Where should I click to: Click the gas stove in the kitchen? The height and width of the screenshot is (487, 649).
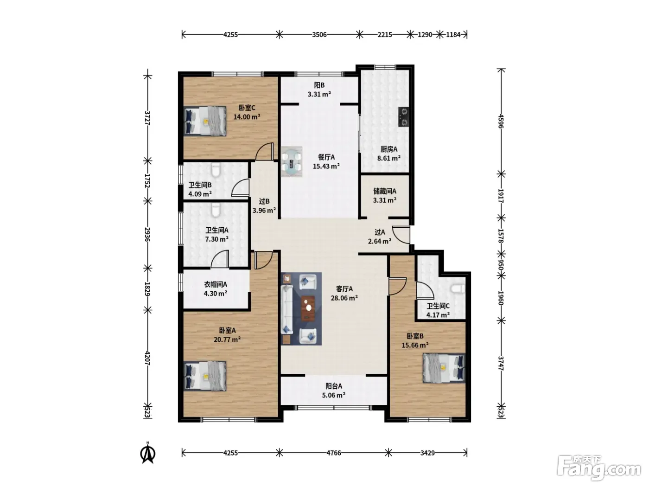click(404, 117)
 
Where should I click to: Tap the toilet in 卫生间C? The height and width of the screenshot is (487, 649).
click(458, 288)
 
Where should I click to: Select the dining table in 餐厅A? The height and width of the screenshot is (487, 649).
click(292, 162)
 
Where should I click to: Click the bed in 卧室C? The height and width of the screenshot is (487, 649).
click(205, 121)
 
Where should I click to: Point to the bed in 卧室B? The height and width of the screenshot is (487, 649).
click(444, 368)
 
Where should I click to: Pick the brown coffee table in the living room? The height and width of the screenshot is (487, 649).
click(308, 308)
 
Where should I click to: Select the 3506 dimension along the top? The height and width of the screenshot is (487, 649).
click(319, 35)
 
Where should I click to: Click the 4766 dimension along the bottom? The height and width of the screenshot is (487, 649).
click(333, 453)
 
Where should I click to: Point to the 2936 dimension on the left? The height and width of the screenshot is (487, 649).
click(147, 235)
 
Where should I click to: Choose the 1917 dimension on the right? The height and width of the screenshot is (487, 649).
click(501, 196)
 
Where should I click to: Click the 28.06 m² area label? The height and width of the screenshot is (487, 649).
click(344, 298)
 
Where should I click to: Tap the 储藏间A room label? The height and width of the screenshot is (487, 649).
click(385, 191)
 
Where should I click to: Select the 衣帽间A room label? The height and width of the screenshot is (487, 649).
click(216, 284)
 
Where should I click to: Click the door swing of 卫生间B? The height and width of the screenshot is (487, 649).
click(241, 188)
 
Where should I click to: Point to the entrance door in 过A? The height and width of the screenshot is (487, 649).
click(401, 235)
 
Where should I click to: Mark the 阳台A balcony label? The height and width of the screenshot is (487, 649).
click(334, 386)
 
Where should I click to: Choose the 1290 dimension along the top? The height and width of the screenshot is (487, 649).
click(425, 35)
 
